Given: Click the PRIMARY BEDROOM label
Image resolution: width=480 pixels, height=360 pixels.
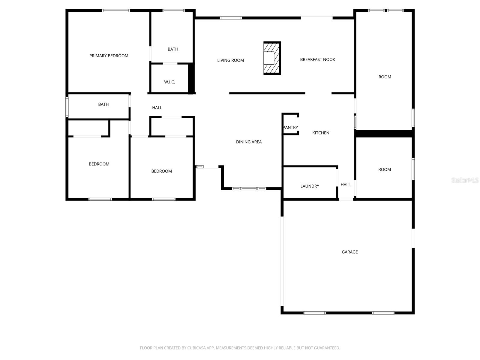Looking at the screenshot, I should [x=109, y=56].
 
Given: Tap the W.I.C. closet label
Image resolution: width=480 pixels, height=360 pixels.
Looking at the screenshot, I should [x=169, y=82].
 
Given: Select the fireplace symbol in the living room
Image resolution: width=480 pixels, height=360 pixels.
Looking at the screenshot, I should [x=272, y=58].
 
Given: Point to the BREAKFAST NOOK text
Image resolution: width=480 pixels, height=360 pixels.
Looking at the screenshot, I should [x=317, y=59].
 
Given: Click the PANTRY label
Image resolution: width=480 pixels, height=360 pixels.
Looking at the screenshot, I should [x=290, y=127].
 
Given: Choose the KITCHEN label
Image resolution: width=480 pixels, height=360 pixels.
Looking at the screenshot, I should [x=321, y=133].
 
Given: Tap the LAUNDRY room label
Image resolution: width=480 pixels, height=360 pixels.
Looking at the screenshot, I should [x=310, y=186].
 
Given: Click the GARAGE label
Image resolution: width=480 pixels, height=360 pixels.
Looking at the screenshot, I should [x=349, y=252].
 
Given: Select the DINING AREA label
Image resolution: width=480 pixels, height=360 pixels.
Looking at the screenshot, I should [x=249, y=142].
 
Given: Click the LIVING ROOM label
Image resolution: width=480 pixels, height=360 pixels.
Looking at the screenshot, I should [x=230, y=60].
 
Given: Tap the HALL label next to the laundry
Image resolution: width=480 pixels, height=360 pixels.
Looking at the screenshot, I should [x=345, y=185].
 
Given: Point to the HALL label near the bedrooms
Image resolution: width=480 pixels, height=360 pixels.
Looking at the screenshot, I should [x=157, y=108].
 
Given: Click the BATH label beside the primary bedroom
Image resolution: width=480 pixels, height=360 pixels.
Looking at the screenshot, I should [x=173, y=49].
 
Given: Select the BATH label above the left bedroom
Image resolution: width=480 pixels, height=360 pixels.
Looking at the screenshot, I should [x=103, y=104].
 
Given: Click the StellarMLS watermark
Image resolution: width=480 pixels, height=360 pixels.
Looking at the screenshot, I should [x=465, y=180].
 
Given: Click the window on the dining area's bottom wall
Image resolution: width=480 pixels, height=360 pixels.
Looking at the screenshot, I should [x=249, y=189].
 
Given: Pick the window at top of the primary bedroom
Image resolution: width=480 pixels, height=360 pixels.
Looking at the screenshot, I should [x=116, y=11].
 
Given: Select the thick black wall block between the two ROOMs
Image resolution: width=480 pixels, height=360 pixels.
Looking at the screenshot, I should [x=384, y=133].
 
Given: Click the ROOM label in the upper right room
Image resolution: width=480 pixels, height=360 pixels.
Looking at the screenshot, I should [x=385, y=77].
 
